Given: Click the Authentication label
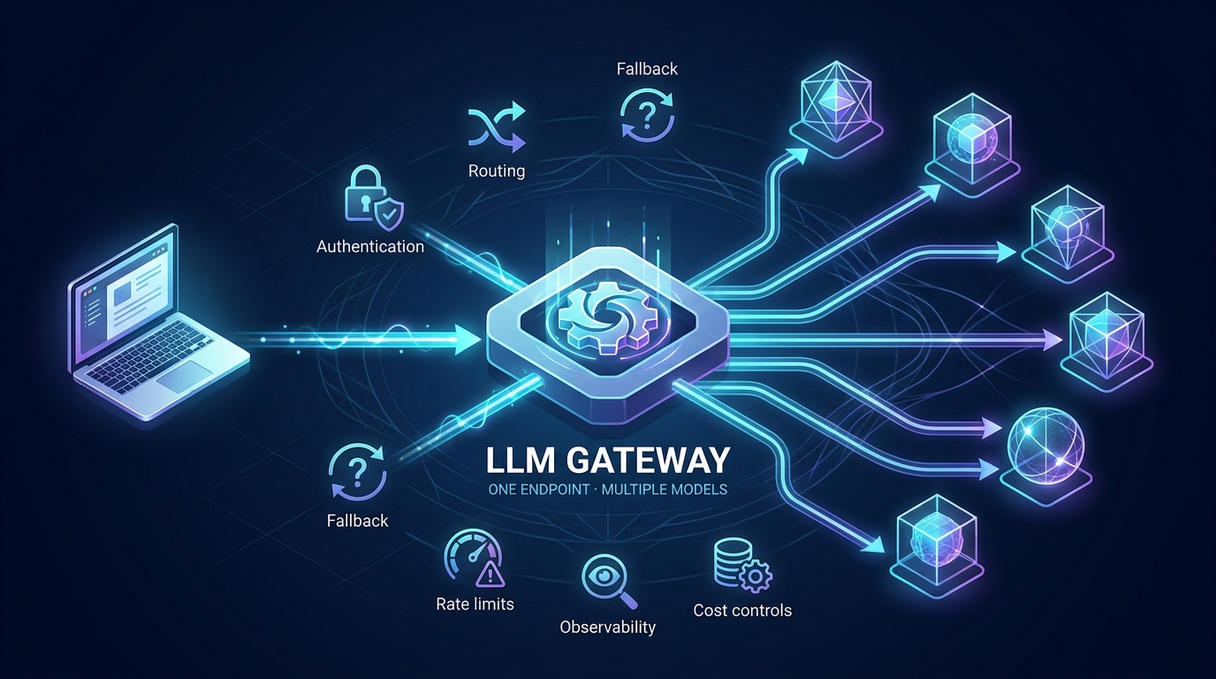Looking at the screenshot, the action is [x=370, y=247].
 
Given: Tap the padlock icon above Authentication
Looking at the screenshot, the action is [x=363, y=194].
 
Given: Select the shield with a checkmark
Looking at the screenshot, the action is [x=389, y=213].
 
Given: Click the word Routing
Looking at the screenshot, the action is [x=497, y=172].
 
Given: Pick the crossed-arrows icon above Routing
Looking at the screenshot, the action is [x=497, y=127].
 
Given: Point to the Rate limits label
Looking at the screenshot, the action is [x=475, y=604].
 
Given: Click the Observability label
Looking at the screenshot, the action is [x=607, y=628].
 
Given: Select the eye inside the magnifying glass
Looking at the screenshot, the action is [x=603, y=576].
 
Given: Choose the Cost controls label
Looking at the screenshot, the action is [x=742, y=611].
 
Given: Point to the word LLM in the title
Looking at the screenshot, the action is [x=520, y=461].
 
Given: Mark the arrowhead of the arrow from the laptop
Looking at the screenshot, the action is [x=468, y=340].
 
